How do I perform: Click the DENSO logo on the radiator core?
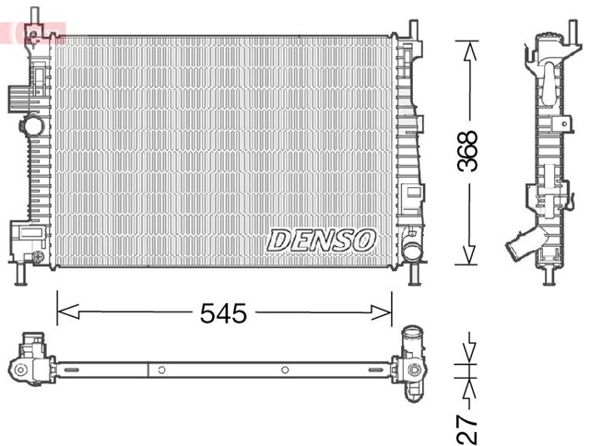point(322,240)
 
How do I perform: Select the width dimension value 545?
point(224,313)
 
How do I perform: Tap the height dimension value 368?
point(469,152)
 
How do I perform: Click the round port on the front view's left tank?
point(33,124)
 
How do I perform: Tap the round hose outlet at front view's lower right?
point(411,249)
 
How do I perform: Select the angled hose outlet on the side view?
point(519,250)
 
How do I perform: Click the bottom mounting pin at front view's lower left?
point(23,274)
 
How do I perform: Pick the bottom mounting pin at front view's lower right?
point(412,275)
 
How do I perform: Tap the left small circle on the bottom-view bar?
point(162,370)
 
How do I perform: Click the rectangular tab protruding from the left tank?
point(16,96)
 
